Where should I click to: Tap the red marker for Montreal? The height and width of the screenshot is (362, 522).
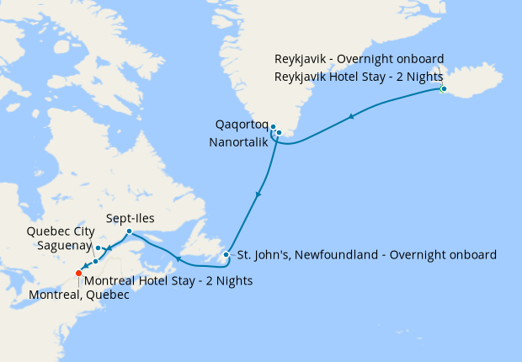point(78,273)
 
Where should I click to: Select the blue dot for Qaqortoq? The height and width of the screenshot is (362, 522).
point(273,127)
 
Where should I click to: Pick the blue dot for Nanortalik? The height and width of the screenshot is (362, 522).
point(279,132)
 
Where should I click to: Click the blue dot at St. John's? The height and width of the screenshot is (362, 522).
point(226,254)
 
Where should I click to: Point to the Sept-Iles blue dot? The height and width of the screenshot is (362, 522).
point(128,232)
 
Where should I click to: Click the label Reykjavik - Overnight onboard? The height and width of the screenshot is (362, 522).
point(360,59)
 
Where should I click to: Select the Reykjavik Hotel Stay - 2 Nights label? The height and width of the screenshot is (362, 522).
point(360,75)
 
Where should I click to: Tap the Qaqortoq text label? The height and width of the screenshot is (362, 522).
point(241,125)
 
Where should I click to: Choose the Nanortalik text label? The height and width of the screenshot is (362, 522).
point(237,142)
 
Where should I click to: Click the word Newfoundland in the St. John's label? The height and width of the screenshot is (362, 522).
point(338,254)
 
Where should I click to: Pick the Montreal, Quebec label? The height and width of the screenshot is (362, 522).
point(79,295)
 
